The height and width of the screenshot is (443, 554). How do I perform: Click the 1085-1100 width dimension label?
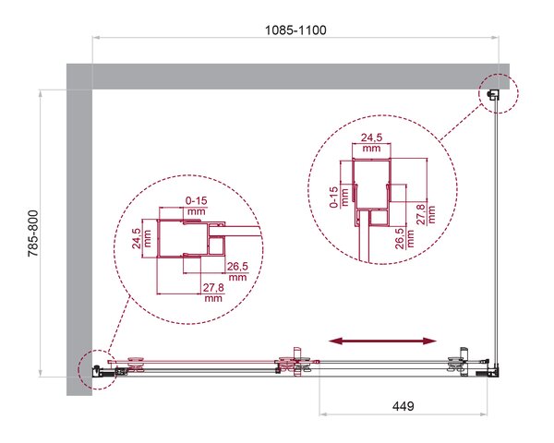point(295,30)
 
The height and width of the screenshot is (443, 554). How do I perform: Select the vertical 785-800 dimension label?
point(33,233)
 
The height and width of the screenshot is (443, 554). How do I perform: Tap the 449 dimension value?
point(403,406)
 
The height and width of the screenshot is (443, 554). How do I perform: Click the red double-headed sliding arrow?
point(382,341)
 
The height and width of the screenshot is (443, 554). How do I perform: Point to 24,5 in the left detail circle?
point(137,238)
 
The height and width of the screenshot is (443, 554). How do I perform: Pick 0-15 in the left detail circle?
point(197,200)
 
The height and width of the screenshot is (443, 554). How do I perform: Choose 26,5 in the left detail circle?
point(237,267)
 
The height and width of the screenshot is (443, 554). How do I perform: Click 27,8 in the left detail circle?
point(213,288)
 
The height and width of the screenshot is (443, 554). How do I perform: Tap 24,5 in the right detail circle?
point(371,138)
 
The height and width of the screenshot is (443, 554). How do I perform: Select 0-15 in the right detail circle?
point(334,198)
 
